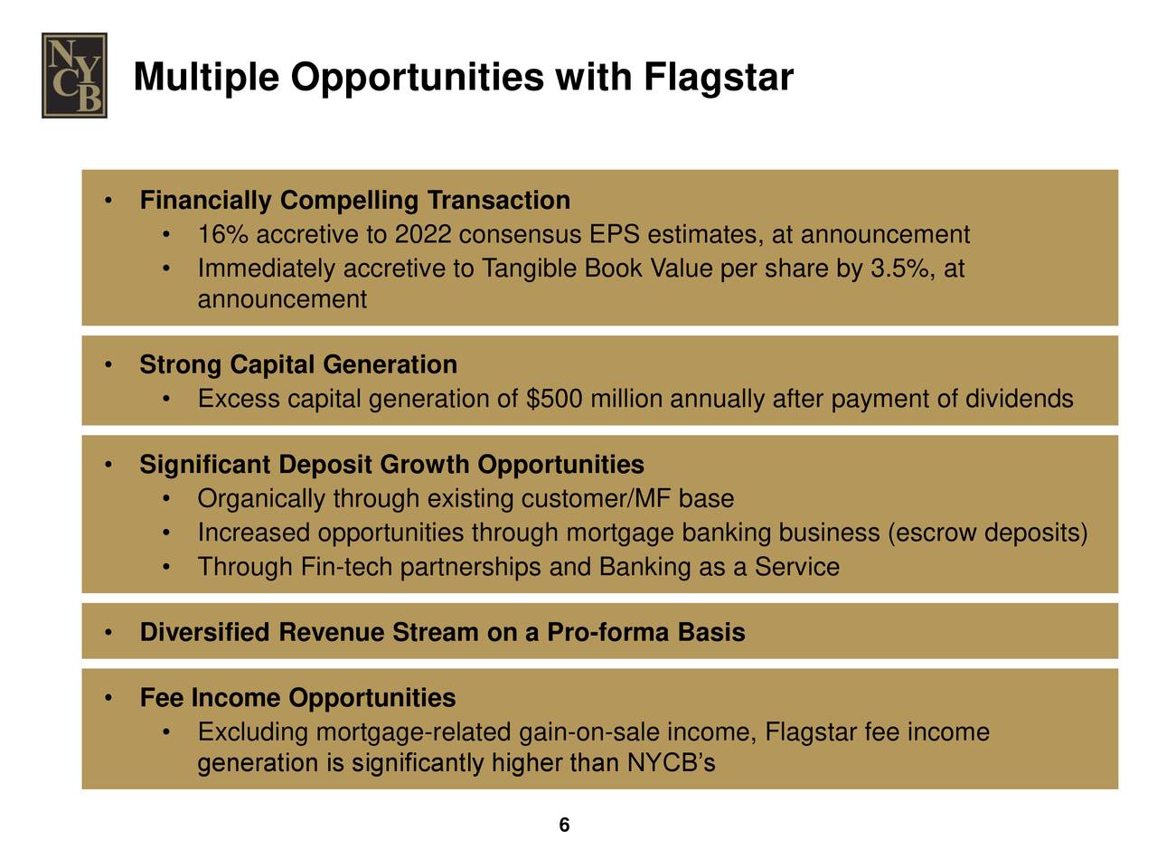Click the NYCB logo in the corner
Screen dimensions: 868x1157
point(74,76)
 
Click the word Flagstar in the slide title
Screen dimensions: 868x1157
point(719,78)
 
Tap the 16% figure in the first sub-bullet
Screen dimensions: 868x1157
point(222,235)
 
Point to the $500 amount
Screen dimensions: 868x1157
point(553,399)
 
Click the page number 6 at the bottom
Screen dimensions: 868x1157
point(564,825)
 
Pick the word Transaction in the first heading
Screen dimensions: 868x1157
point(498,200)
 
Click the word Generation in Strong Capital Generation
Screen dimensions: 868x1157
point(390,364)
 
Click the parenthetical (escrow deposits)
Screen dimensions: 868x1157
point(988,533)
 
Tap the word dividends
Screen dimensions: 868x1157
point(1019,399)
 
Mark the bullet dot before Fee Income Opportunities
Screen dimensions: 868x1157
point(108,698)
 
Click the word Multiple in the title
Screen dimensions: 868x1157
point(207,78)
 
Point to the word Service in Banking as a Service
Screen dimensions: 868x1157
point(797,567)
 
